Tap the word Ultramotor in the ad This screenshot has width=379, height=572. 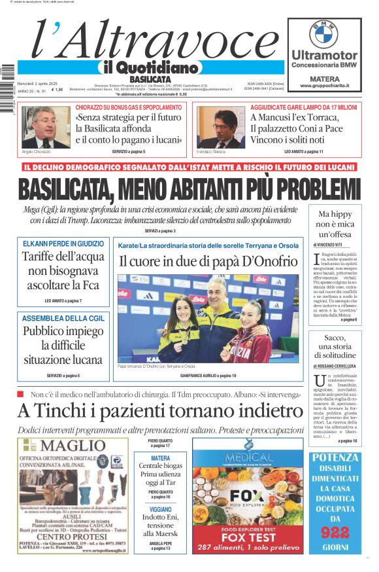pyautogui.click(x=323, y=55)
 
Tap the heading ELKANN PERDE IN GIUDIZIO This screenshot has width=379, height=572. pyautogui.click(x=63, y=243)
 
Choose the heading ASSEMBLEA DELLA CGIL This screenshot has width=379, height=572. pyautogui.click(x=63, y=318)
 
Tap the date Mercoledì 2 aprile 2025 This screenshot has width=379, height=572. pyautogui.click(x=37, y=83)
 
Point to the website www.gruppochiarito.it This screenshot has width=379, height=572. pyautogui.click(x=323, y=86)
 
